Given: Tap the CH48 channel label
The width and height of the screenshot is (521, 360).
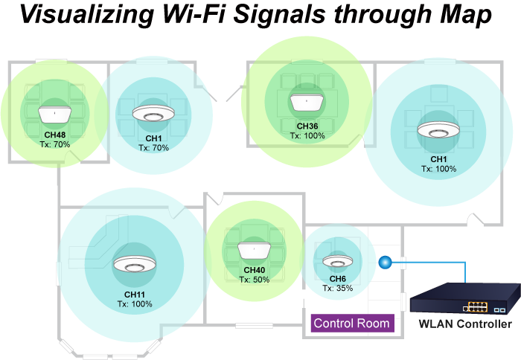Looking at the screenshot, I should coord(54,135).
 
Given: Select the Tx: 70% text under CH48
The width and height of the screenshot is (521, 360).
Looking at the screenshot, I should coord(54,144).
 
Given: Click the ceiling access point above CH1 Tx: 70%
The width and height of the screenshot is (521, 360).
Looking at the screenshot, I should coord(153,115).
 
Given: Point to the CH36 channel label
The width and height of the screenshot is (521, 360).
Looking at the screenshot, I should coord(306,127).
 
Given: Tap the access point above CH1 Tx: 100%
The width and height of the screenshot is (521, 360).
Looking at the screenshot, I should coord(438,129).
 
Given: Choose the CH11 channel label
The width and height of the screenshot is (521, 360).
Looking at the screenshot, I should coord(135,295).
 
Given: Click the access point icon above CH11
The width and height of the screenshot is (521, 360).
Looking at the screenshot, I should coord(135,265).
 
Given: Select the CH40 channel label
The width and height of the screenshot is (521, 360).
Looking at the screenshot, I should coord(255,271).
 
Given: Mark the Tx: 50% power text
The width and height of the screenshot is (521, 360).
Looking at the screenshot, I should coord(255,280).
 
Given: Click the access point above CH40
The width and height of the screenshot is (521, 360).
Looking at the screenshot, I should coord(255,250).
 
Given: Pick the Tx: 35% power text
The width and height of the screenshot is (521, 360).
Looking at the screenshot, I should coord(337,288).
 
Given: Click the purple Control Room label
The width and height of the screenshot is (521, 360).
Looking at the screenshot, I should coord(351,324).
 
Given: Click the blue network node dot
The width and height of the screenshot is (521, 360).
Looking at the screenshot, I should coord(385,262).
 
